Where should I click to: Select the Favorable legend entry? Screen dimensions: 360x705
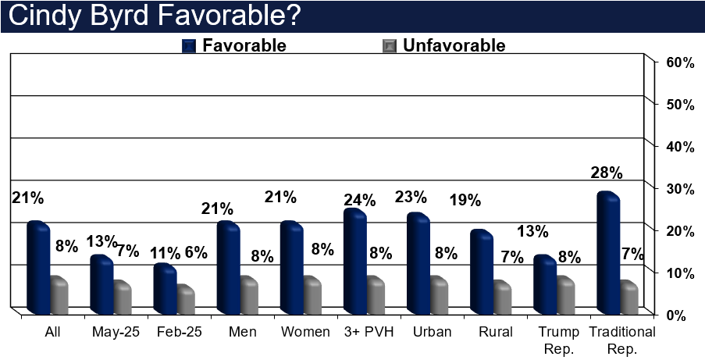[243, 45]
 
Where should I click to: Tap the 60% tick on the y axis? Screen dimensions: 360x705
[678, 62]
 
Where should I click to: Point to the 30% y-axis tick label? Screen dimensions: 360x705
[678, 189]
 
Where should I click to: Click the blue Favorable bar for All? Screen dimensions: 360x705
[37, 268]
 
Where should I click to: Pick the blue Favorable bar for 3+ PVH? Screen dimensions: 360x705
[354, 262]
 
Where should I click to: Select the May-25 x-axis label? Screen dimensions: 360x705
[116, 331]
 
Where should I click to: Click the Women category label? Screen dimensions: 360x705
[306, 331]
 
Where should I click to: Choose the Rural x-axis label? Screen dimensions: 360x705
[496, 331]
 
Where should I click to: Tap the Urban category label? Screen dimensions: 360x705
[433, 331]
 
